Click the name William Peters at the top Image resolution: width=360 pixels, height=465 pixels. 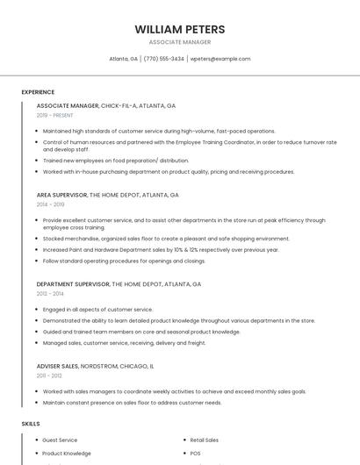coord(179,29)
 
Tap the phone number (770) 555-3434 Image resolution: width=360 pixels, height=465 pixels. coord(163,59)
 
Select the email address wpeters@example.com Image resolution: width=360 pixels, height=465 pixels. coord(220,59)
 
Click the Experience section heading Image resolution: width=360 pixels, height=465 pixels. coord(38,92)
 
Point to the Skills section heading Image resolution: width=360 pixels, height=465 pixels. coord(31,424)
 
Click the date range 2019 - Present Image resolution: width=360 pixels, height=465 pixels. coord(54,115)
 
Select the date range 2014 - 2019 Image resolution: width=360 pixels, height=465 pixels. coord(50,204)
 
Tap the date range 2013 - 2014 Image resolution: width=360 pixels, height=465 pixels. coord(50,294)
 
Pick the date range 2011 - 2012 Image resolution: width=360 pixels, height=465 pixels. coord(49,375)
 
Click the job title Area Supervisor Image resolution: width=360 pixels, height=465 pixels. coord(61,195)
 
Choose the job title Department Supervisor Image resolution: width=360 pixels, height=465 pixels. coord(73,284)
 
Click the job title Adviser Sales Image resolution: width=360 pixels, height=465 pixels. coord(58,365)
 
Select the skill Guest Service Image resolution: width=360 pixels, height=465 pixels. coord(60,440)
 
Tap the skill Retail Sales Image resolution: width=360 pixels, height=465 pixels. coord(205,440)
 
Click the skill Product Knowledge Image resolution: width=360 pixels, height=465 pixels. coord(66,454)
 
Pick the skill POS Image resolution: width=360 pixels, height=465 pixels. coord(195,454)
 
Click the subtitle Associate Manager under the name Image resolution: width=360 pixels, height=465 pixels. coord(179,42)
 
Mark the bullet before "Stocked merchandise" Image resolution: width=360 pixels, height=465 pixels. coord(38,239)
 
